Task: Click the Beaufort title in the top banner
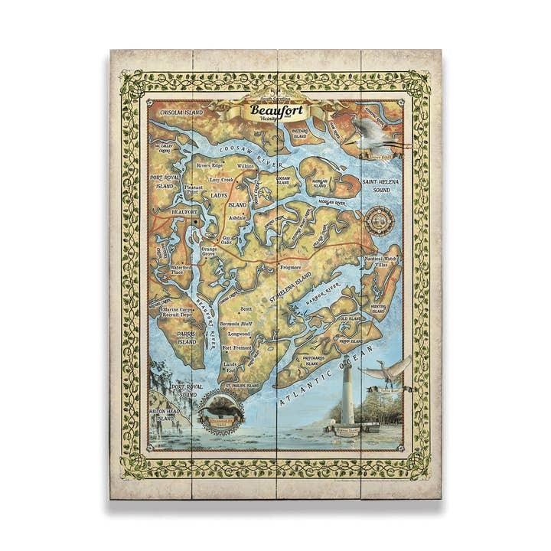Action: [x=276, y=111]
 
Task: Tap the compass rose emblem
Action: [x=378, y=221]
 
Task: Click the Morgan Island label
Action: [x=319, y=184]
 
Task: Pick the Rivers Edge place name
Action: [x=210, y=165]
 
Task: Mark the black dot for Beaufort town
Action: [x=196, y=222]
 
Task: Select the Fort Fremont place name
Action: [x=236, y=348]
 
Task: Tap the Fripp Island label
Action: [x=350, y=340]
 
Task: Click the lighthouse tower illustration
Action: [x=347, y=394]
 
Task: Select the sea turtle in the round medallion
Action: [x=220, y=411]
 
